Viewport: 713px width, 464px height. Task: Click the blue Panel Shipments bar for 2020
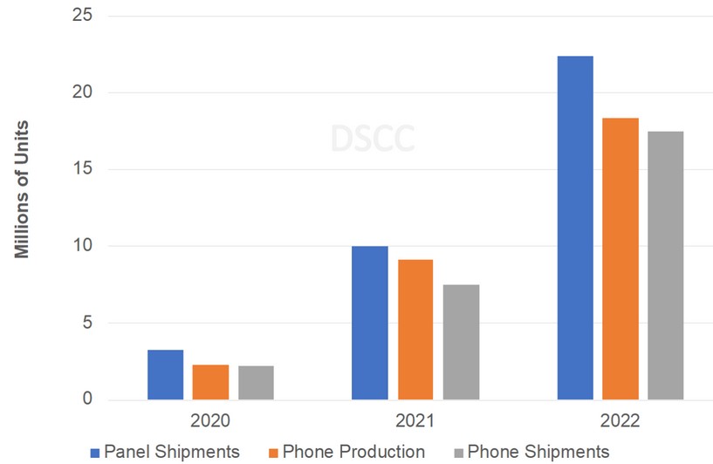pyautogui.click(x=165, y=375)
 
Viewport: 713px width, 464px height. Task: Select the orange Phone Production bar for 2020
pyautogui.click(x=210, y=382)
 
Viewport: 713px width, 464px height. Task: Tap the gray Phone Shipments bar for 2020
pyautogui.click(x=256, y=383)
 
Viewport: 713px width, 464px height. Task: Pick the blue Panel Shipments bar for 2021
pyautogui.click(x=369, y=323)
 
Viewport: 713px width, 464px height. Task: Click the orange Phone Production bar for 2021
pyautogui.click(x=415, y=330)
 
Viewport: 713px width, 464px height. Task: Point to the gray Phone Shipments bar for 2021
pyautogui.click(x=460, y=342)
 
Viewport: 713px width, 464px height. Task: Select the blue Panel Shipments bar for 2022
pyautogui.click(x=575, y=228)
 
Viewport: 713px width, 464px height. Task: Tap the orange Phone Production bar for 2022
pyautogui.click(x=620, y=258)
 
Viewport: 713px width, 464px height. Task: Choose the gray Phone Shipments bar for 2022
pyautogui.click(x=665, y=265)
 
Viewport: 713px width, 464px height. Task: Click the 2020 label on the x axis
pyautogui.click(x=210, y=420)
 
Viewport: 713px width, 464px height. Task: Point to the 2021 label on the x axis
pyautogui.click(x=415, y=420)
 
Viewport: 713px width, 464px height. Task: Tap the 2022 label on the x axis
pyautogui.click(x=620, y=420)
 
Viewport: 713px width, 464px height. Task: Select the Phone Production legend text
pyautogui.click(x=353, y=452)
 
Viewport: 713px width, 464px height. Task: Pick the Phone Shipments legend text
pyautogui.click(x=538, y=452)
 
